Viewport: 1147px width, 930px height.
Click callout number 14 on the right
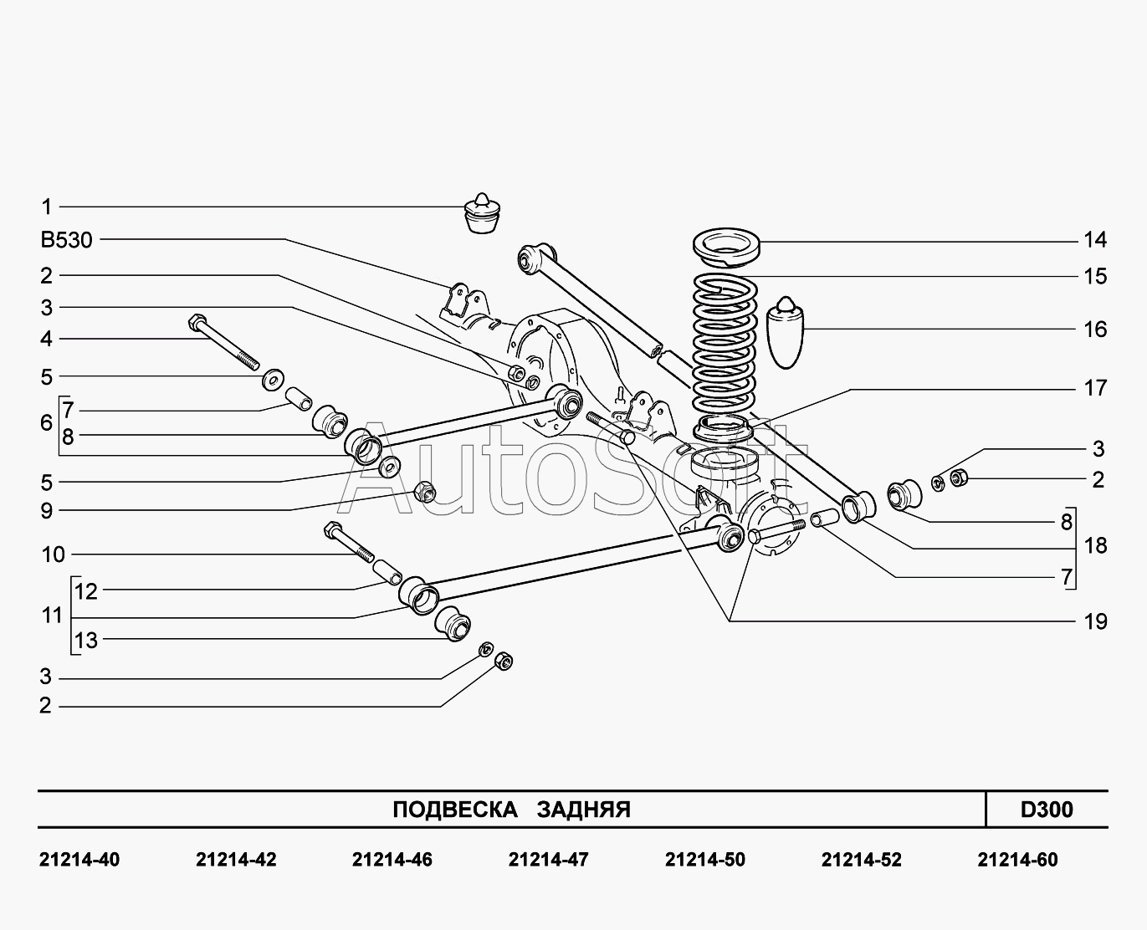(1094, 241)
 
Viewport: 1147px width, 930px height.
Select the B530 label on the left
(66, 241)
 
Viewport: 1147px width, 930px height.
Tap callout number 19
(1094, 621)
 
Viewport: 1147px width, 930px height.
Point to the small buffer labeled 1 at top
(480, 215)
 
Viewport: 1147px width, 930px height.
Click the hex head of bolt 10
(331, 530)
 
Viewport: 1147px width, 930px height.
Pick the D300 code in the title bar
(1046, 810)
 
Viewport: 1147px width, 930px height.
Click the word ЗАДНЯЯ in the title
(583, 810)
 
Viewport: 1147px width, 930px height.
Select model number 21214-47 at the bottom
(548, 860)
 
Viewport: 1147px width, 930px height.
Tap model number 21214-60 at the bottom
(1016, 860)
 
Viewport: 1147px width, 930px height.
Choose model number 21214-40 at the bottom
(79, 860)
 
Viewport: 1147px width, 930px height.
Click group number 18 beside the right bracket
(1094, 546)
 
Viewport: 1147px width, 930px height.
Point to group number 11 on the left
(52, 616)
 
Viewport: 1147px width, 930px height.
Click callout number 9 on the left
(47, 511)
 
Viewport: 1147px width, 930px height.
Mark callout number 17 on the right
(1094, 388)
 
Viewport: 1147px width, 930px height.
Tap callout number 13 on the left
(86, 641)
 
